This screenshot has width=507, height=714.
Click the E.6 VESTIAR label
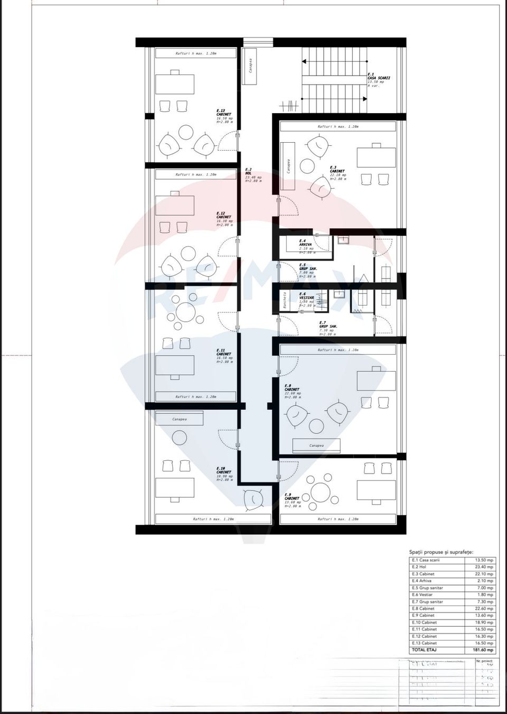click(306, 298)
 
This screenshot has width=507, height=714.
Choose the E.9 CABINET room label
click(292, 499)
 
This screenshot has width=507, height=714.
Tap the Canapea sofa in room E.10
click(179, 419)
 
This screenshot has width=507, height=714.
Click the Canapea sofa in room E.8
click(316, 446)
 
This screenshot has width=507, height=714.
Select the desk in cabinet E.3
click(376, 157)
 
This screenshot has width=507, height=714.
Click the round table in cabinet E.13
click(185, 132)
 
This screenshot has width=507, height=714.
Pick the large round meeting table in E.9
click(321, 493)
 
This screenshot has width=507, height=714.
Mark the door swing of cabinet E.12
click(228, 249)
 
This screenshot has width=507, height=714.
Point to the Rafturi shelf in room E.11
click(195, 396)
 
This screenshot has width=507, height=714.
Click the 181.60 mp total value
click(483, 650)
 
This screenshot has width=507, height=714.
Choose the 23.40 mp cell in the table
click(483, 567)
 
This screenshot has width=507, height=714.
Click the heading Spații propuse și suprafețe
click(441, 551)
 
